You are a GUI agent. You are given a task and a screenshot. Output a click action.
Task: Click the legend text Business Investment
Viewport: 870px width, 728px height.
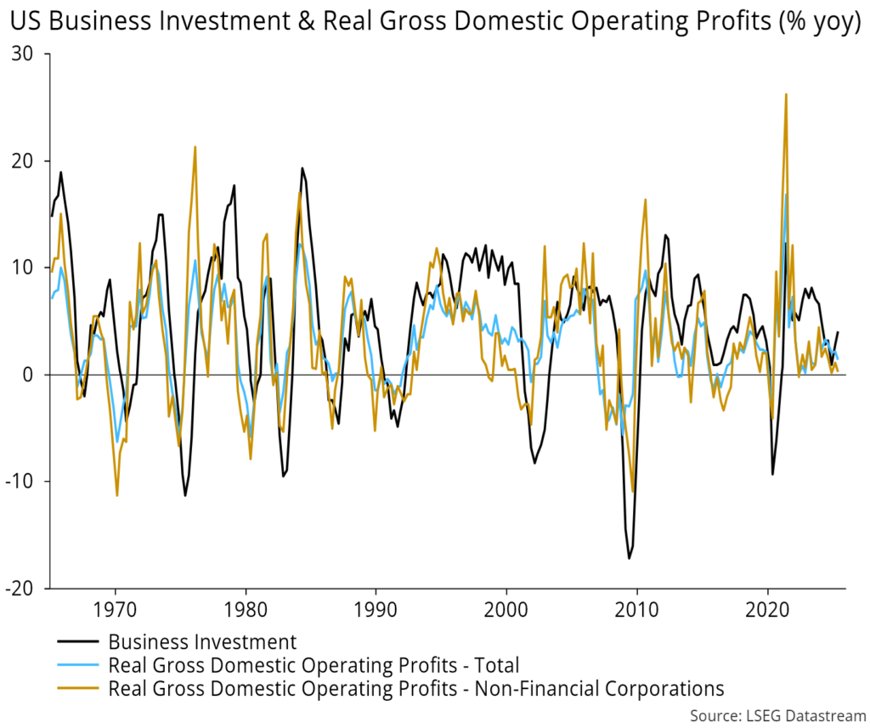pyautogui.click(x=202, y=641)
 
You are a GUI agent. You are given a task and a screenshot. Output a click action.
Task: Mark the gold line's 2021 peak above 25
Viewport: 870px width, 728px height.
pyautogui.click(x=786, y=94)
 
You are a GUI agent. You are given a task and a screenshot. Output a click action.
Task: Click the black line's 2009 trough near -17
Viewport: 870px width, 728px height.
pyautogui.click(x=630, y=558)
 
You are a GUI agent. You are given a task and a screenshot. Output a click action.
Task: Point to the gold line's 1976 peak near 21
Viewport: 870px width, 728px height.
pyautogui.click(x=195, y=147)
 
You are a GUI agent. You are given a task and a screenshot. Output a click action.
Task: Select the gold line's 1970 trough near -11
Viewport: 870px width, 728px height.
pyautogui.click(x=117, y=495)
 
